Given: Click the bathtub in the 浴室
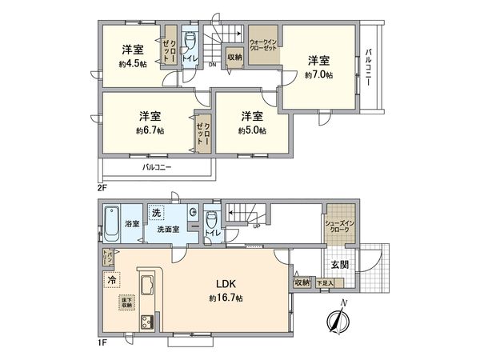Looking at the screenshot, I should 113,224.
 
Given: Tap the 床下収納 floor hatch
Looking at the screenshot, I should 127,302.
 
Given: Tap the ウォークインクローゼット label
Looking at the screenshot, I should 262,44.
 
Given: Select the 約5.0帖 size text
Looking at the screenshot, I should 252,130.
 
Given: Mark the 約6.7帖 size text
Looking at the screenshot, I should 150,130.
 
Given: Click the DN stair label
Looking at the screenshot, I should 212,65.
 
